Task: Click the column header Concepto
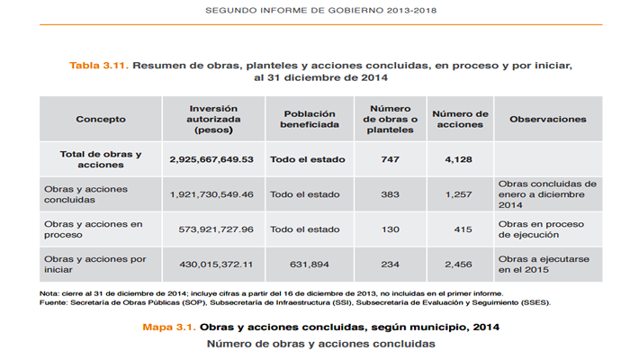click(101, 120)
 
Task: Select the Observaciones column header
click(548, 120)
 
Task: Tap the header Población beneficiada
click(310, 120)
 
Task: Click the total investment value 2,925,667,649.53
click(211, 159)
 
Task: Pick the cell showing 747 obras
click(390, 159)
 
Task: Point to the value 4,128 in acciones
click(458, 159)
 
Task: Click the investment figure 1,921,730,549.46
click(211, 194)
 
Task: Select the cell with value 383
click(390, 194)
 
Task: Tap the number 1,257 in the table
click(458, 194)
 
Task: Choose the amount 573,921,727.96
click(216, 229)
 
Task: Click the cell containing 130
click(390, 229)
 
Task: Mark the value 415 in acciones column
click(463, 229)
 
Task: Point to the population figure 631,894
click(310, 265)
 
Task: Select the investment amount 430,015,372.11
click(216, 265)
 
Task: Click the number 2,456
click(458, 265)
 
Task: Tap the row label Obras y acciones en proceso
click(94, 229)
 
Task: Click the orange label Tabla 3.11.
click(99, 66)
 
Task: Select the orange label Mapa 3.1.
click(169, 328)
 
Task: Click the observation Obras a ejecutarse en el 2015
click(544, 265)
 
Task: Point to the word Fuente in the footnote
click(53, 302)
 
